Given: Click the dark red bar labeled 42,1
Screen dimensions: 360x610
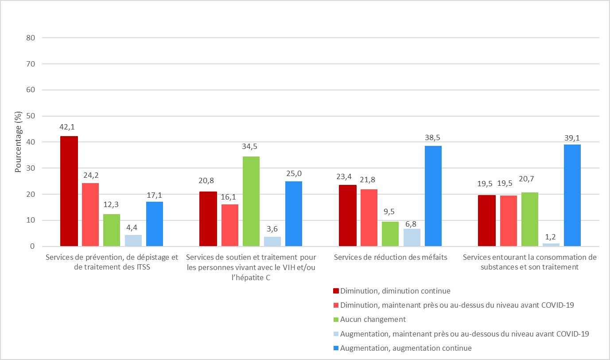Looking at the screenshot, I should point(69,191).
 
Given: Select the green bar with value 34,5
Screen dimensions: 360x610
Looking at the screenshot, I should point(251,201).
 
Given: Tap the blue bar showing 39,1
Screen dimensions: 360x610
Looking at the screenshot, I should point(572,196).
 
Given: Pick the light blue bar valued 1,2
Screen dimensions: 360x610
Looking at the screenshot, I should point(551,245).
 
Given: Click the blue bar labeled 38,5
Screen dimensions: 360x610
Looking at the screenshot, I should point(433,196).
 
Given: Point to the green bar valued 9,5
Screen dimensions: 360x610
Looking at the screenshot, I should point(390,234).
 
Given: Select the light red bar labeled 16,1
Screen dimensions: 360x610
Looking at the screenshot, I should point(229,225).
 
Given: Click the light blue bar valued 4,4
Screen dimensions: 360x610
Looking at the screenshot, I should point(133,241).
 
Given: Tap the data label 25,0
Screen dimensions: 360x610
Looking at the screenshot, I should point(294,173).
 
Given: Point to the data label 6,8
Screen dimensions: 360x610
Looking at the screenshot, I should point(412,220).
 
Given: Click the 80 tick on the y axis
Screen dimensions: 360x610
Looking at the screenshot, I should point(31,38).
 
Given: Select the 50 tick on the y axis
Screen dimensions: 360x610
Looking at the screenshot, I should point(31,116).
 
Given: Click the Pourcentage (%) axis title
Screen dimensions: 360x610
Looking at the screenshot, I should point(19,142).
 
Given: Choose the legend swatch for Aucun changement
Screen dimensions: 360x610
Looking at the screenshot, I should point(336,319).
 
